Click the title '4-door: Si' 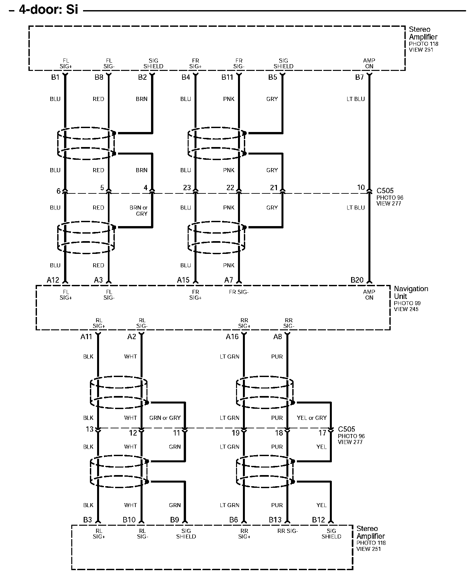48,9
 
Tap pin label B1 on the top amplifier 56,77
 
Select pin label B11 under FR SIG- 227,77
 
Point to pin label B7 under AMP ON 359,77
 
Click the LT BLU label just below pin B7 356,99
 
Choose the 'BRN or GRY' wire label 139,210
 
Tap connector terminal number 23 187,188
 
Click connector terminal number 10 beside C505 361,188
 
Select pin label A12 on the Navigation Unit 53,280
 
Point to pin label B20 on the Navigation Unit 357,280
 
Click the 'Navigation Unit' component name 411,292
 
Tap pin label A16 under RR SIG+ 232,337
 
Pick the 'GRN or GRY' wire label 165,418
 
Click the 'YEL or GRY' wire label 312,418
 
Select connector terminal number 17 322,433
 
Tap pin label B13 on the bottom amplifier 275,520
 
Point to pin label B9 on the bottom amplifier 174,520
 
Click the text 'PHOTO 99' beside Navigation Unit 407,303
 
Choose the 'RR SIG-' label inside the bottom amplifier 288,531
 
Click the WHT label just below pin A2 130,356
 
